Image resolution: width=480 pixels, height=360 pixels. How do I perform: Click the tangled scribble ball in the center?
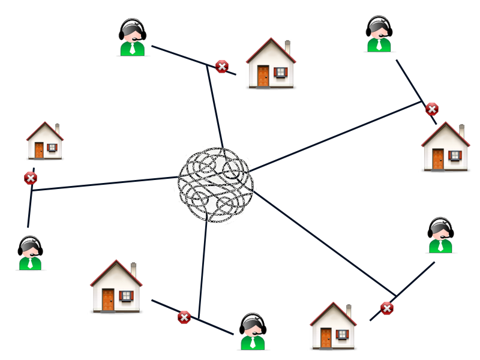pyautogui.click(x=215, y=185)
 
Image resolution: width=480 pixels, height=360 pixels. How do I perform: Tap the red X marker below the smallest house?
pyautogui.click(x=30, y=178)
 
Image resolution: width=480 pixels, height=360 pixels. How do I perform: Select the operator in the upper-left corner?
pyautogui.click(x=132, y=37)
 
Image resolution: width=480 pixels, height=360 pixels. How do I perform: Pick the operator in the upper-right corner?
pyautogui.click(x=379, y=34)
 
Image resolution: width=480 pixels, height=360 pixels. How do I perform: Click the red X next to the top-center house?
pyautogui.click(x=222, y=66)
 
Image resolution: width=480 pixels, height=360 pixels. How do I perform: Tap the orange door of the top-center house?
pyautogui.click(x=263, y=76)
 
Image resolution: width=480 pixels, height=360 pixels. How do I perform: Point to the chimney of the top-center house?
pyautogui.click(x=287, y=47)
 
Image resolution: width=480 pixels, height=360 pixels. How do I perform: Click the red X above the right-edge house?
pyautogui.click(x=431, y=109)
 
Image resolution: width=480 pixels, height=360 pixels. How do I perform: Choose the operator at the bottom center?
pyautogui.click(x=253, y=332)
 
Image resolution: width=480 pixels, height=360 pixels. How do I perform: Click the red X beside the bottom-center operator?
pyautogui.click(x=184, y=317)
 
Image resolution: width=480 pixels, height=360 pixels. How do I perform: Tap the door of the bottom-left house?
pyautogui.click(x=108, y=299)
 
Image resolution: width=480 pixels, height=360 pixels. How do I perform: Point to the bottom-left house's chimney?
pyautogui.click(x=133, y=270)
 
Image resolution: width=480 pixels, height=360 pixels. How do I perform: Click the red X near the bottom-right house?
pyautogui.click(x=387, y=308)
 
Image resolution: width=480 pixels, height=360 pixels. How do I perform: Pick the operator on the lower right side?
pyautogui.click(x=440, y=235)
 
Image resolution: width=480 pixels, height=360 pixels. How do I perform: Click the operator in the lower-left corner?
pyautogui.click(x=30, y=253)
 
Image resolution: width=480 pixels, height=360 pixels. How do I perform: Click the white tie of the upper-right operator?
pyautogui.click(x=379, y=44)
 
